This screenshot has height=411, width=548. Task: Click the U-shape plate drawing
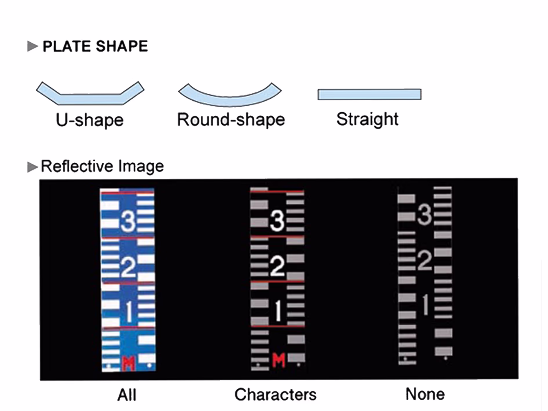click(90, 99)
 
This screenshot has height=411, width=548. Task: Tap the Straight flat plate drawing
click(369, 94)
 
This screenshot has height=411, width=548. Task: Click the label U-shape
click(90, 120)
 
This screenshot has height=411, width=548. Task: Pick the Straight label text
click(367, 119)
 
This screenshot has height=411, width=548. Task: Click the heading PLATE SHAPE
click(95, 46)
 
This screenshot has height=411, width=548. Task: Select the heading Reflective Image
click(102, 166)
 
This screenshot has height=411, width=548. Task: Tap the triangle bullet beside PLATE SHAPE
click(32, 46)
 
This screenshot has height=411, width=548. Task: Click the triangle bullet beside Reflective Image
click(32, 167)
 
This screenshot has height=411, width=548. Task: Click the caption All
click(127, 395)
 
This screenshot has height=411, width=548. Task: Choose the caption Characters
click(275, 394)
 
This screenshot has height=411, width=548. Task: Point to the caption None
click(425, 394)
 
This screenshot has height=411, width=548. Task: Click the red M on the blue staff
click(128, 363)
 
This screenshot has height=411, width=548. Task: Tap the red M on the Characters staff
click(279, 361)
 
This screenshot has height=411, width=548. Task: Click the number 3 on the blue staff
click(128, 221)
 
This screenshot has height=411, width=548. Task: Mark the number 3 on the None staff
click(425, 215)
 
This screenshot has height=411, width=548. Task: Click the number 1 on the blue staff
click(129, 312)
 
